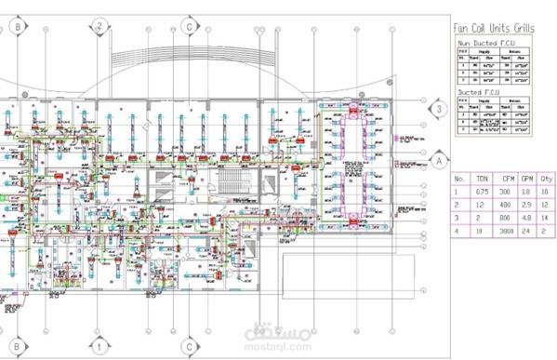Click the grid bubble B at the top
pyautogui.click(x=18, y=28)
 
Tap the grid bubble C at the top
pyautogui.click(x=190, y=28)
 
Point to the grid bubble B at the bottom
pyautogui.click(x=18, y=341)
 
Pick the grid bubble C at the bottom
pyautogui.click(x=190, y=341)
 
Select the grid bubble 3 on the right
pyautogui.click(x=433, y=110)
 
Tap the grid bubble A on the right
pyautogui.click(x=433, y=161)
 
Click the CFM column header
pyautogui.click(x=506, y=176)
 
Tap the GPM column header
pyautogui.click(x=526, y=176)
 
